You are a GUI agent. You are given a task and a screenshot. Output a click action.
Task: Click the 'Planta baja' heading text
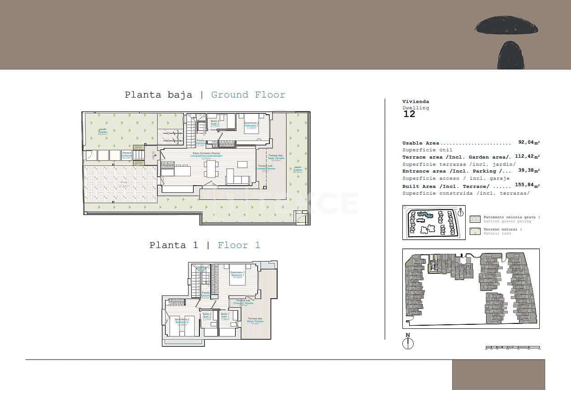(x=158, y=95)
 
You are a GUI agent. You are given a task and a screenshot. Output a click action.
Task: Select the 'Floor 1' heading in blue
(x=239, y=245)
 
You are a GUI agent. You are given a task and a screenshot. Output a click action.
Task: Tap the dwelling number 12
(x=409, y=114)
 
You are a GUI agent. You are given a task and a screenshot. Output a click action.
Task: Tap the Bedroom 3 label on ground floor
(x=251, y=125)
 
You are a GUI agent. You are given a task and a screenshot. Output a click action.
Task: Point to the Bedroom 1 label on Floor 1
(x=237, y=274)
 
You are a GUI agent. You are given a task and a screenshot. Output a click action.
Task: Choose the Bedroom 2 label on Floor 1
(x=182, y=321)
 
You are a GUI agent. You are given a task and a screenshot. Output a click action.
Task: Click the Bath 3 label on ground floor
(x=215, y=123)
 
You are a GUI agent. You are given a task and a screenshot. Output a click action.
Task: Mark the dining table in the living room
(x=210, y=168)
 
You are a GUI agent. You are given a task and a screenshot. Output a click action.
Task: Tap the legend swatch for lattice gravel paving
(x=475, y=219)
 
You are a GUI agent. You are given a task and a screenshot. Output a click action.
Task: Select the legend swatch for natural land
(x=475, y=231)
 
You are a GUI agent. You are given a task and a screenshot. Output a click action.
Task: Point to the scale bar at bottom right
(x=512, y=347)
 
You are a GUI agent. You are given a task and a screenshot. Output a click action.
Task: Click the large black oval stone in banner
(x=506, y=25)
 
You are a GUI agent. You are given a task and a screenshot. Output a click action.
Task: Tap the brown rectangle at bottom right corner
(x=498, y=374)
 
